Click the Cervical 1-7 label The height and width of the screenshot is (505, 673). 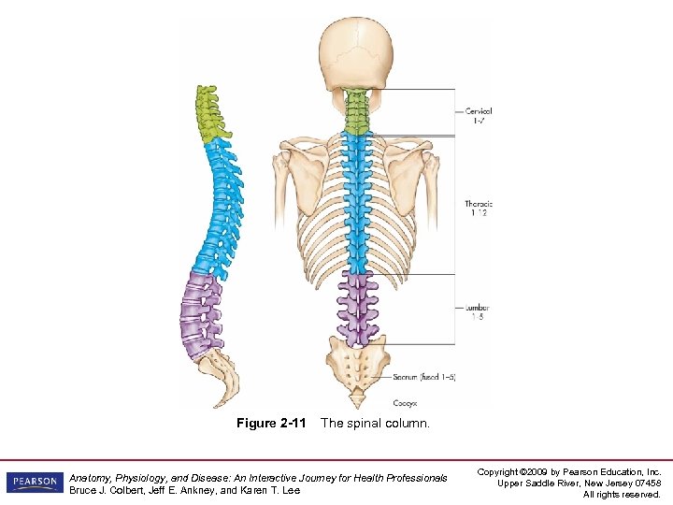click(x=479, y=115)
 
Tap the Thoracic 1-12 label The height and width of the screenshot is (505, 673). click(x=478, y=209)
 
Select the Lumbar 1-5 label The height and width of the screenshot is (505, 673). click(x=477, y=311)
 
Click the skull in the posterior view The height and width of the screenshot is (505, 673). click(x=356, y=56)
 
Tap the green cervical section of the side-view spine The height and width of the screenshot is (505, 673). click(x=209, y=112)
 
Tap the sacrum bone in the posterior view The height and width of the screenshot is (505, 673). click(x=356, y=364)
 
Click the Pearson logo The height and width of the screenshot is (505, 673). click(x=35, y=483)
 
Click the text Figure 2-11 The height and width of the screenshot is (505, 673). click(x=271, y=424)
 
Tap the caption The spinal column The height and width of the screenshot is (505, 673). click(x=375, y=424)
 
